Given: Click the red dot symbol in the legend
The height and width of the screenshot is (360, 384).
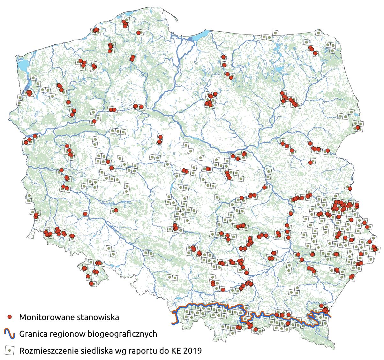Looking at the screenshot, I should click(x=10, y=317).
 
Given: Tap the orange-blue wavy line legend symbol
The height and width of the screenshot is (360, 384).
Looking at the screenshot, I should click(x=10, y=334).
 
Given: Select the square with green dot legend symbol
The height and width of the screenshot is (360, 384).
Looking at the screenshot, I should click(x=10, y=350).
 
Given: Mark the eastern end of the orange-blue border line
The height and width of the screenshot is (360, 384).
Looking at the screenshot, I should click(x=331, y=316).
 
